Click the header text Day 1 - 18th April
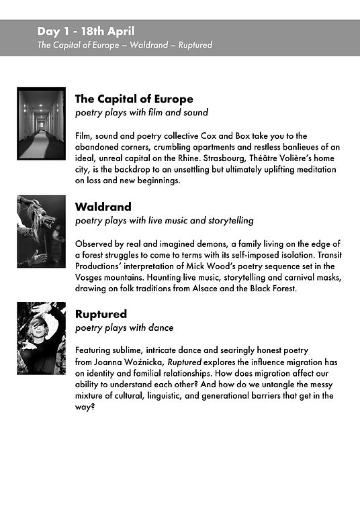click(86, 31)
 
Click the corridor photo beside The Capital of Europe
click(41, 123)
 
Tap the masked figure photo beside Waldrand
click(41, 232)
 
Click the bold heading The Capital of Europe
click(134, 99)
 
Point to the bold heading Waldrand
click(103, 207)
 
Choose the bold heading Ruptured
click(101, 314)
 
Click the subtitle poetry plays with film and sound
click(142, 113)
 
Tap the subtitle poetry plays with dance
click(124, 327)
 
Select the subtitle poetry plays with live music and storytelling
click(165, 220)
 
